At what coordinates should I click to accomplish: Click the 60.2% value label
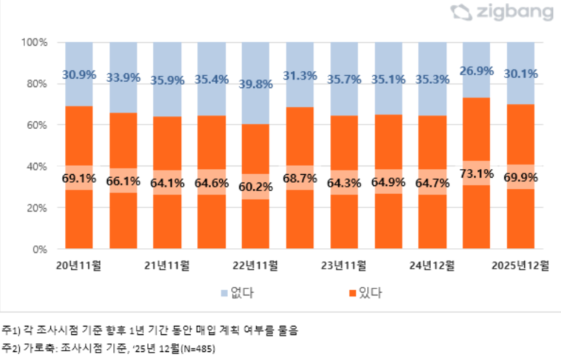(255, 187)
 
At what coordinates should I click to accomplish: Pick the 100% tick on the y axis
(35, 43)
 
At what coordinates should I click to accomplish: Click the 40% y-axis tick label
(37, 167)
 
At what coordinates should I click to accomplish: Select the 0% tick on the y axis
(40, 249)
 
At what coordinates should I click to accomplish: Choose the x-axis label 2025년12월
(521, 264)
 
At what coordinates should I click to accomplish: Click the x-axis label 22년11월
(255, 264)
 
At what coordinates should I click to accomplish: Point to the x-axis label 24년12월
(433, 264)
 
